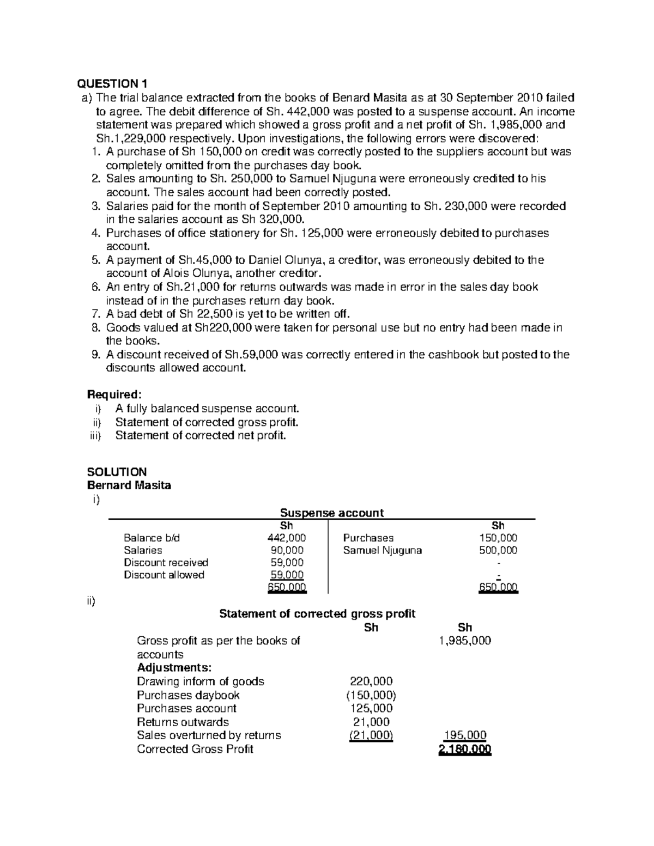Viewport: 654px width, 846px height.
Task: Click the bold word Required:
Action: [x=114, y=394]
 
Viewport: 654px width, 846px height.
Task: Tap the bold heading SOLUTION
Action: [x=117, y=472]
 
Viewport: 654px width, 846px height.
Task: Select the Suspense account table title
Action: [x=331, y=513]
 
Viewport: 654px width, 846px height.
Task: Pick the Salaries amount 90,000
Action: [x=286, y=550]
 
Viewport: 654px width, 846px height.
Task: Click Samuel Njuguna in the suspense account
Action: [x=383, y=550]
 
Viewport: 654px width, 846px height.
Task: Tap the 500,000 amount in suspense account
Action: [x=498, y=550]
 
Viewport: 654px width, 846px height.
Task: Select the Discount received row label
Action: [x=166, y=562]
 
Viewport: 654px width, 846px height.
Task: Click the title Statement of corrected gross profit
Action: [x=317, y=614]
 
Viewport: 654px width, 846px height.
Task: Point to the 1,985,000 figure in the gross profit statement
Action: [x=465, y=641]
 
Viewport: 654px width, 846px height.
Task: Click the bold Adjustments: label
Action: [x=174, y=668]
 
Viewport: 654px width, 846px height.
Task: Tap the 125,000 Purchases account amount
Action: [x=371, y=708]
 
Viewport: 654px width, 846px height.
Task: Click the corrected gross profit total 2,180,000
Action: [x=465, y=749]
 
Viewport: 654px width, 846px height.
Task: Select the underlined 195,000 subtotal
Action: [x=465, y=735]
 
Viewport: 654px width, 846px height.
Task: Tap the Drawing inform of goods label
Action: [x=201, y=681]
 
